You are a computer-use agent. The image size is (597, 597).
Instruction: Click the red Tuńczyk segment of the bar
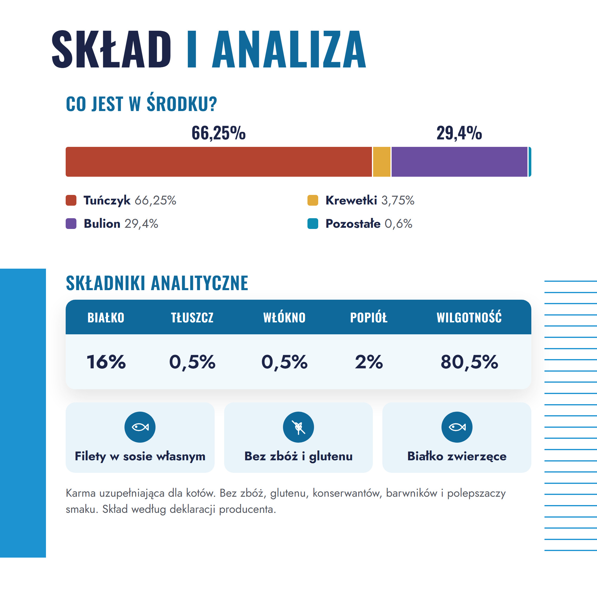(x=219, y=161)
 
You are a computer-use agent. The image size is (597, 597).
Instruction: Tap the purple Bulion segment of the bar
(x=459, y=161)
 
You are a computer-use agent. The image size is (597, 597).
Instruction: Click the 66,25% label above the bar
(x=219, y=133)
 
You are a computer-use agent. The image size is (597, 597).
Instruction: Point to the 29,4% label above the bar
(x=459, y=133)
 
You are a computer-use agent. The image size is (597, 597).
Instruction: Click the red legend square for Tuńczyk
(x=71, y=200)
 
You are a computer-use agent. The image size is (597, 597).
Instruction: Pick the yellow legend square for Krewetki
(x=313, y=200)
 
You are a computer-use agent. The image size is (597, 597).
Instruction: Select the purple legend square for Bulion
(x=71, y=223)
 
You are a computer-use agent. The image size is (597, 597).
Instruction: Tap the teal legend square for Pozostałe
(x=313, y=223)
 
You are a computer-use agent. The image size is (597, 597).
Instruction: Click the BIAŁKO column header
(x=106, y=317)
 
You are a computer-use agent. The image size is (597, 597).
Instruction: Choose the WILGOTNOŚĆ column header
(x=469, y=317)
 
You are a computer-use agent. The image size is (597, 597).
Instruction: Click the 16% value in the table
(x=106, y=362)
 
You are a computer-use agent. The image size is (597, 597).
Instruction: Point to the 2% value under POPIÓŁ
(x=369, y=362)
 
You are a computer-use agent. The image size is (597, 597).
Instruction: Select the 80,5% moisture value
(x=469, y=362)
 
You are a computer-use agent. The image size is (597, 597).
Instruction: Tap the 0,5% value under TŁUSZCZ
(x=192, y=362)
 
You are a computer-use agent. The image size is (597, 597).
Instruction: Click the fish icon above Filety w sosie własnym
(x=140, y=427)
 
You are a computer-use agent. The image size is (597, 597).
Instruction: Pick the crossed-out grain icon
(x=298, y=427)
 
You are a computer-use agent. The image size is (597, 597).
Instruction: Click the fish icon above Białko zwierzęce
(x=457, y=427)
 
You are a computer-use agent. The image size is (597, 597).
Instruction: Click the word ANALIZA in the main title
(x=289, y=49)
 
